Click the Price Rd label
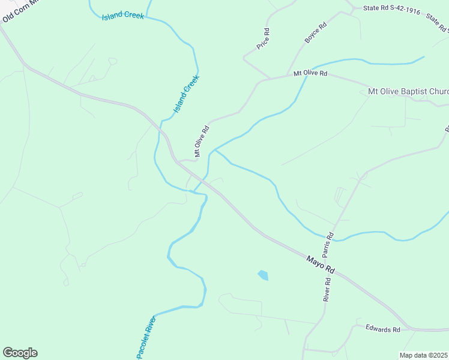coord(262,38)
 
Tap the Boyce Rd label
coord(315,32)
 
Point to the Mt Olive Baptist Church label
coord(408,92)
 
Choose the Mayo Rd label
coord(319,265)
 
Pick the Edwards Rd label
coord(383,329)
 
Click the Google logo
coord(20,353)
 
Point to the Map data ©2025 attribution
coord(424,355)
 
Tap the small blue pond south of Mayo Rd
coord(263,275)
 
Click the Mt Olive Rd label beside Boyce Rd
coord(310,73)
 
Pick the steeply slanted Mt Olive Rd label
coord(201,140)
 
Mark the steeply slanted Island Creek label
coord(186,94)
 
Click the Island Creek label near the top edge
coord(123,16)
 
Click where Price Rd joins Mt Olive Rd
coord(259,80)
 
